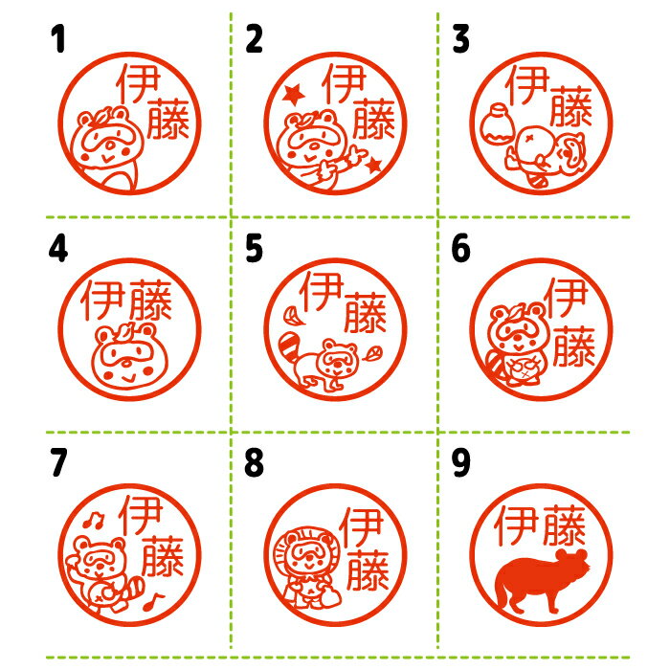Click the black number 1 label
[58, 38]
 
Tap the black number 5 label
[254, 248]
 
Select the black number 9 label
[460, 462]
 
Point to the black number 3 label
[460, 38]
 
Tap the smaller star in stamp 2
[373, 165]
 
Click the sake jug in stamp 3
[498, 123]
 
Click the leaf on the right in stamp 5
[371, 353]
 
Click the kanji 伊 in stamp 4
[103, 301]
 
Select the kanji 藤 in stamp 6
[574, 346]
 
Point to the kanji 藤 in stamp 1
[167, 119]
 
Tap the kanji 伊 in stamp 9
[516, 525]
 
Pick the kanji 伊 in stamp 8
[360, 526]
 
